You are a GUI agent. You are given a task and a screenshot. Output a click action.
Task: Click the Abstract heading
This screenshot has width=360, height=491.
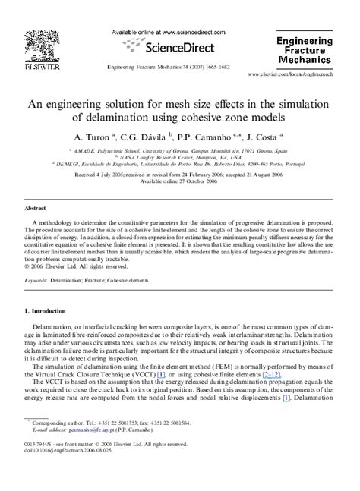[x=36, y=206]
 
